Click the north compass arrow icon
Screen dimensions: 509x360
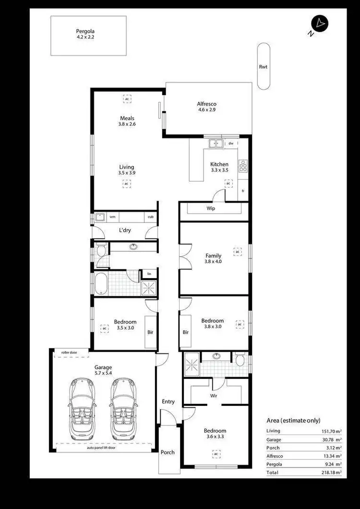pyautogui.click(x=320, y=23)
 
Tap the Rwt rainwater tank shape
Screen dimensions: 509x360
pyautogui.click(x=263, y=66)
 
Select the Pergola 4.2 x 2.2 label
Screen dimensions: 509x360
pyautogui.click(x=88, y=34)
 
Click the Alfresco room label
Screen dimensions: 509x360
pyautogui.click(x=207, y=107)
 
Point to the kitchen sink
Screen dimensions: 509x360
pyautogui.click(x=216, y=143)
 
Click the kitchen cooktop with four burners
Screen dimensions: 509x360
pyautogui.click(x=243, y=166)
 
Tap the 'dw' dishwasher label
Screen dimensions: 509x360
pyautogui.click(x=231, y=143)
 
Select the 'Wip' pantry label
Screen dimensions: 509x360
pyautogui.click(x=210, y=208)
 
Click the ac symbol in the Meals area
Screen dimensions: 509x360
pyautogui.click(x=127, y=99)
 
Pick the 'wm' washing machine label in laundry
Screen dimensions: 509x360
pyautogui.click(x=112, y=217)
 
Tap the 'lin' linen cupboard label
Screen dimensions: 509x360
pyautogui.click(x=149, y=274)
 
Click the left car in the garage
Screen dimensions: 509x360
pyautogui.click(x=83, y=409)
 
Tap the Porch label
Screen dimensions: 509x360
pyautogui.click(x=168, y=452)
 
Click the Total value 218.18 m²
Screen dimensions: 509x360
pyautogui.click(x=332, y=473)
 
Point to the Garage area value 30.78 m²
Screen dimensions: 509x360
pyautogui.click(x=332, y=439)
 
